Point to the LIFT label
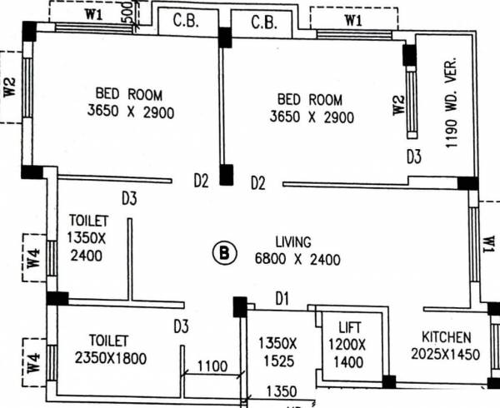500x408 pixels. point(349,327)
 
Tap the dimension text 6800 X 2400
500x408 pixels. point(297,259)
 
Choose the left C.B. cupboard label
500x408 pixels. point(185,21)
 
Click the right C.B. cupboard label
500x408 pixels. point(264,21)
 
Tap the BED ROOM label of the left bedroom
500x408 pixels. point(128,93)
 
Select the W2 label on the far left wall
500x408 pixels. point(10,87)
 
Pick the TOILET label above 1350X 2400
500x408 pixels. point(88,221)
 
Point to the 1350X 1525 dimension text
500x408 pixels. point(275,351)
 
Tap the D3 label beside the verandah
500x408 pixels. point(414,156)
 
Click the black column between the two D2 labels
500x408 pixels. point(226,176)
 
